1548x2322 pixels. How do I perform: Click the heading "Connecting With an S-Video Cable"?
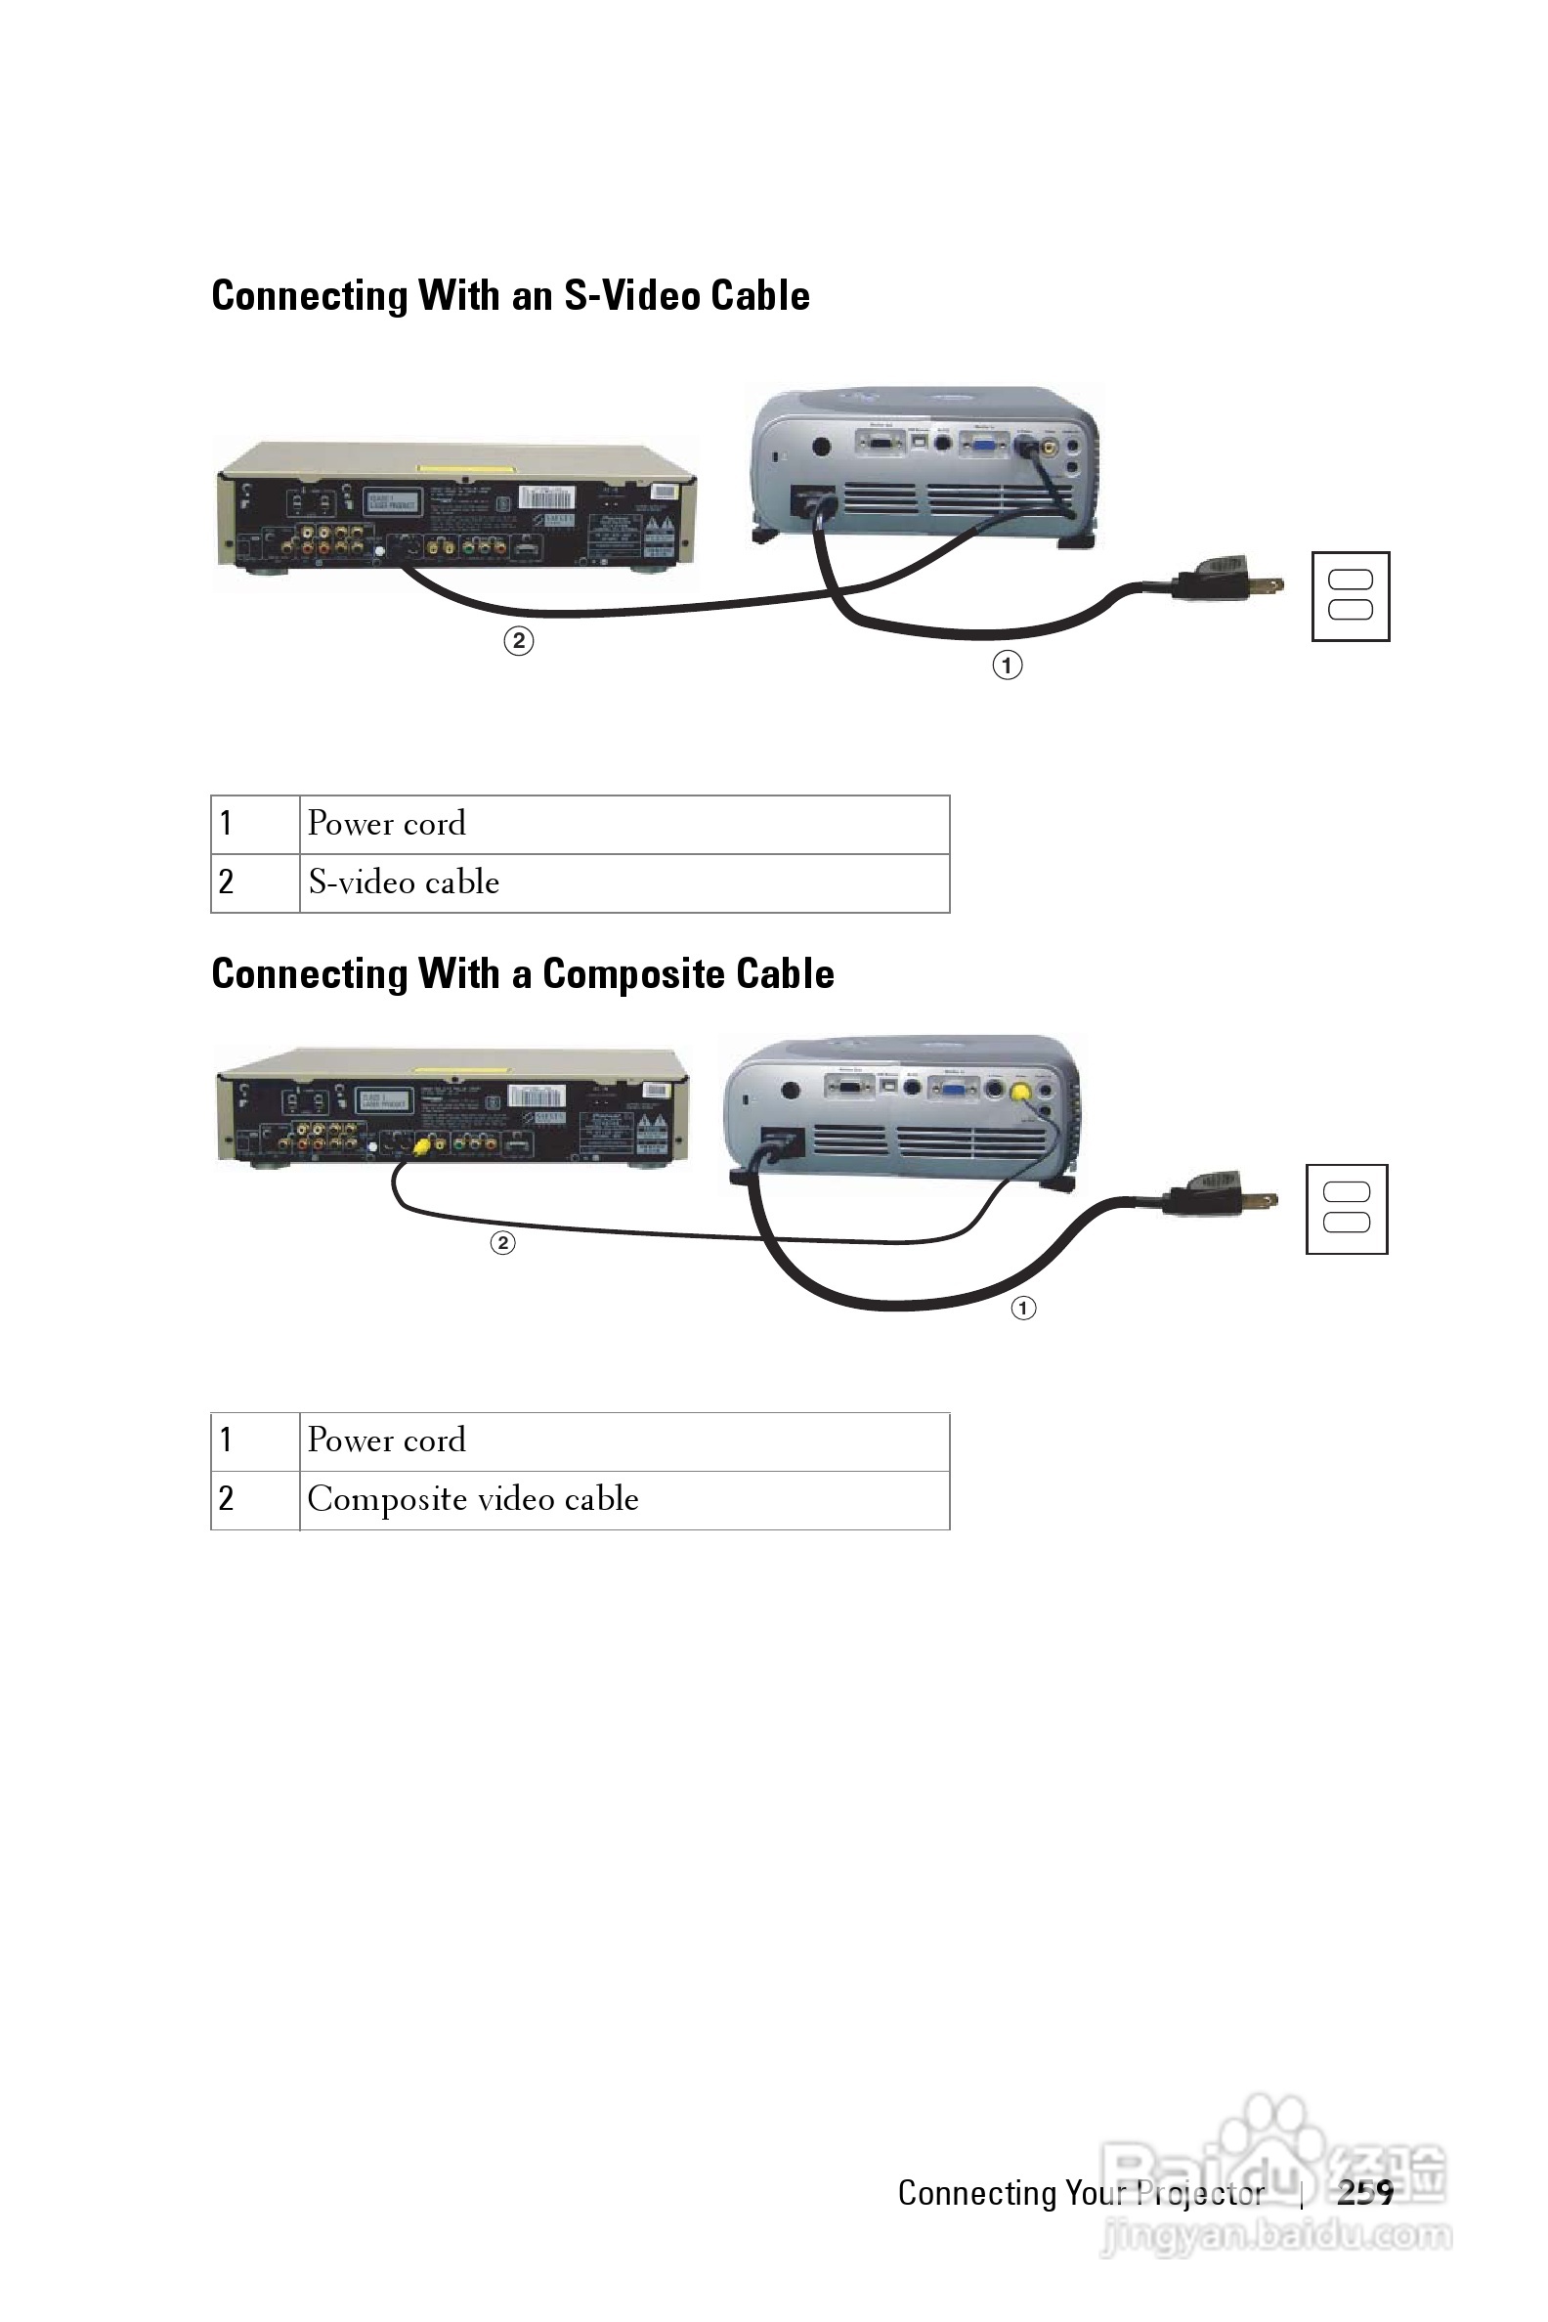(510, 296)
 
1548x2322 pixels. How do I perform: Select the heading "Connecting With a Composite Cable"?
(522, 974)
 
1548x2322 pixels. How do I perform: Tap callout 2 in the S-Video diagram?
(518, 642)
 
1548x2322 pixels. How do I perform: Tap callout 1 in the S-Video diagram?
(1007, 666)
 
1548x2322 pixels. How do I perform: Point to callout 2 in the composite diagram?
(502, 1242)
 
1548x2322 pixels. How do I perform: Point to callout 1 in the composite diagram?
(1023, 1309)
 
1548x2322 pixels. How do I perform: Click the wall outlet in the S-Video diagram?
(1351, 596)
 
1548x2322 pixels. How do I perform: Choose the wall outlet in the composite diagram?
(1347, 1210)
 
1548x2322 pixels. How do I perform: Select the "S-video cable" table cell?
(623, 882)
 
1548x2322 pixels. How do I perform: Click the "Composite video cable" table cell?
(623, 1499)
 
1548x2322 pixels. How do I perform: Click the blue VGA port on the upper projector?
(983, 445)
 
